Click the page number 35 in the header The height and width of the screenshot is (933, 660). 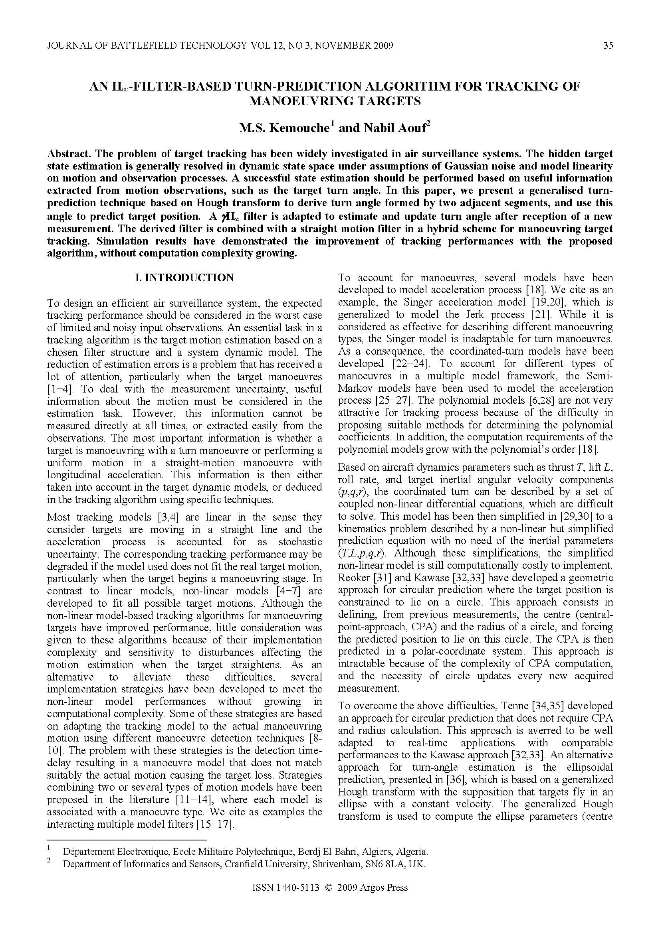608,45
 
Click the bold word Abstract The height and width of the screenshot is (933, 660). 69,154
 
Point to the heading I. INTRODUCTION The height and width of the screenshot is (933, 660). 184,278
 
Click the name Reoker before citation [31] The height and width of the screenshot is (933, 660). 354,578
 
